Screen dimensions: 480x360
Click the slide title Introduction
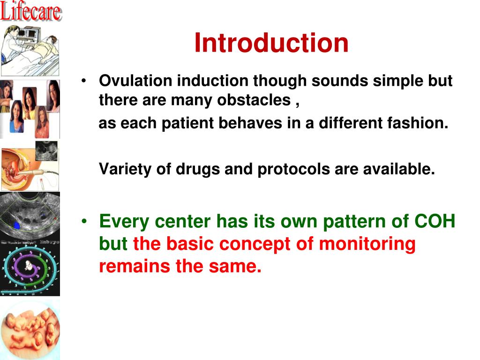click(271, 43)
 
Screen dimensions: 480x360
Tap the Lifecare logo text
click(30, 11)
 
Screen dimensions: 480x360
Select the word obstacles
click(254, 100)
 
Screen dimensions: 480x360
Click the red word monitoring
click(367, 244)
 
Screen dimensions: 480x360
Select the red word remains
click(135, 266)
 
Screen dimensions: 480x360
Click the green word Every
click(124, 222)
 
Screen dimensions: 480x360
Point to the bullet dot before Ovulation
click(84, 81)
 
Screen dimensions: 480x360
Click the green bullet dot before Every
click(84, 221)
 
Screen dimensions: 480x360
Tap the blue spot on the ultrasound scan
click(17, 226)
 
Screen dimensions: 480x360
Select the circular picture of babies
click(30, 330)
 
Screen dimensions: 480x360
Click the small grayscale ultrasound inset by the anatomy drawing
click(46, 151)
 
